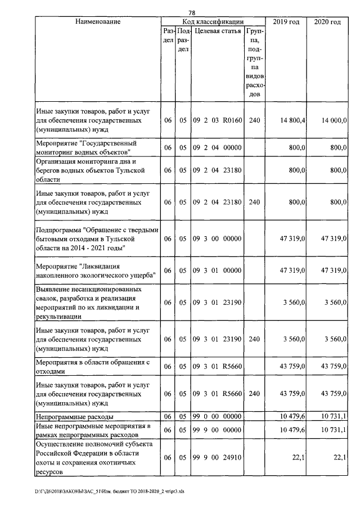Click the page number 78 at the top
click(x=191, y=12)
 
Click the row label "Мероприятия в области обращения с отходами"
click(x=92, y=367)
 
